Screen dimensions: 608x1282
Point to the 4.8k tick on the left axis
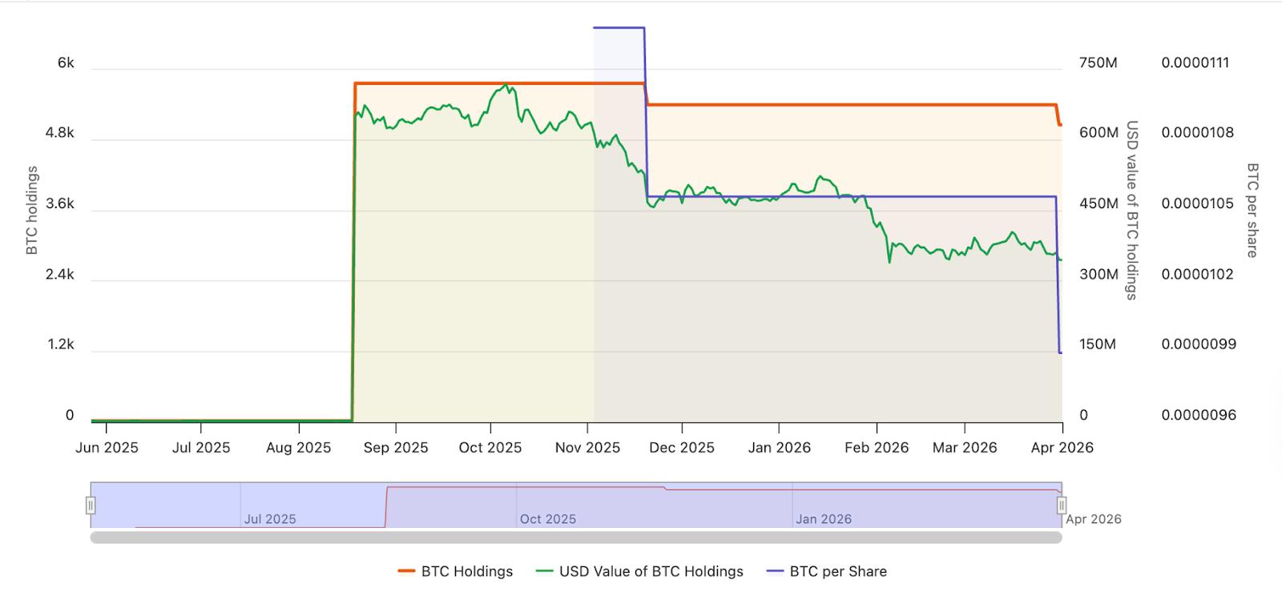pos(59,133)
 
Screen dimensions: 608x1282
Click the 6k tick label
pos(66,62)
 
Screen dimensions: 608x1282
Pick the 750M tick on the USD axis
pos(1098,62)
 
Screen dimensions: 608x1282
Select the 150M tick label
pos(1098,344)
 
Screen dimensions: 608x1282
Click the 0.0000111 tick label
pos(1195,62)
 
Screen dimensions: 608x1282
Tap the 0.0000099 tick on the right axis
pos(1198,344)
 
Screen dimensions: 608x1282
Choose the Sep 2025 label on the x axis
pos(396,448)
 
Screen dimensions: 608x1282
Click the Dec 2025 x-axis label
pos(682,448)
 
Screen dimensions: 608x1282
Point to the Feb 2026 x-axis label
pos(877,448)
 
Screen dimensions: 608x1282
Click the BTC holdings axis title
pos(32,210)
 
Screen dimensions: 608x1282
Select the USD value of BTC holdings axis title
pos(1132,210)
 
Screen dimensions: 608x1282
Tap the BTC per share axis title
pos(1252,210)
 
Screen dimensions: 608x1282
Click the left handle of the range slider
pos(91,505)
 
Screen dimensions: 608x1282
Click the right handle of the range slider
pos(1062,505)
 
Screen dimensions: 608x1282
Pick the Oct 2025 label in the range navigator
pos(548,519)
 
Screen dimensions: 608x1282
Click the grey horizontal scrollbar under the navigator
pos(576,538)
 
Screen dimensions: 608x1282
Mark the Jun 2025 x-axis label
pos(107,448)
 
